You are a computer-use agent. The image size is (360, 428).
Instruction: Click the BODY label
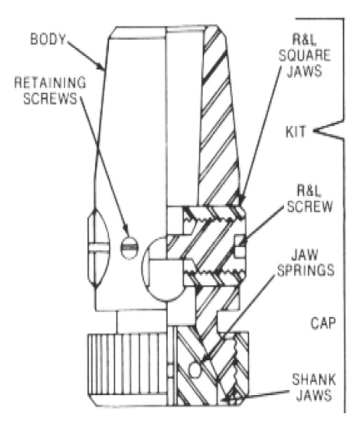pos(48,39)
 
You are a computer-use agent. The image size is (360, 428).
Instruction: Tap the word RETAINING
pos(50,83)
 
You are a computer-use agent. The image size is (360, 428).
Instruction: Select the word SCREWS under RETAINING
pos(51,98)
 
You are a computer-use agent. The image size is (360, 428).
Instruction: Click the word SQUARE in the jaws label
pos(304,56)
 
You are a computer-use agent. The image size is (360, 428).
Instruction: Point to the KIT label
pos(296,132)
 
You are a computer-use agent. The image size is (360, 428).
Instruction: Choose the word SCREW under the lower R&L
pos(310,206)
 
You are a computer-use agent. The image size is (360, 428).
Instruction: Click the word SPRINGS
pos(306,270)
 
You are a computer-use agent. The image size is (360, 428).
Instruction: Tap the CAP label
pos(322,323)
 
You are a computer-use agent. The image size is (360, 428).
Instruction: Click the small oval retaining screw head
pos(129,247)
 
